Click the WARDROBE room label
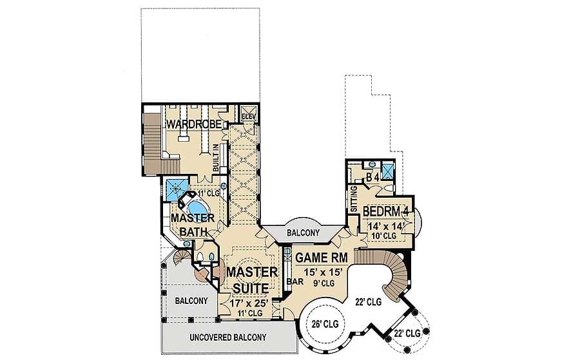pos(194,124)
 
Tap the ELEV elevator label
pos(249,117)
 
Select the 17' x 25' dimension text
pos(252,302)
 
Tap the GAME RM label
pos(322,258)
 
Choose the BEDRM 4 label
pos(386,212)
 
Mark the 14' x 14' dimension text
pos(385,225)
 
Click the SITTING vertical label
pos(353,198)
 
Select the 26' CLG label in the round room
pos(322,324)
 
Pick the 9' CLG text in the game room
pos(322,282)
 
